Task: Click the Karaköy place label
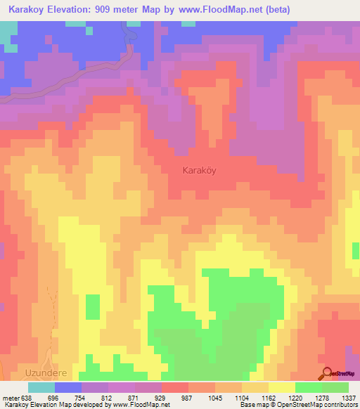199,170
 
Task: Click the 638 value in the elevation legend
24,397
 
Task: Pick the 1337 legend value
349,397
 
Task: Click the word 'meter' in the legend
9,397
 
